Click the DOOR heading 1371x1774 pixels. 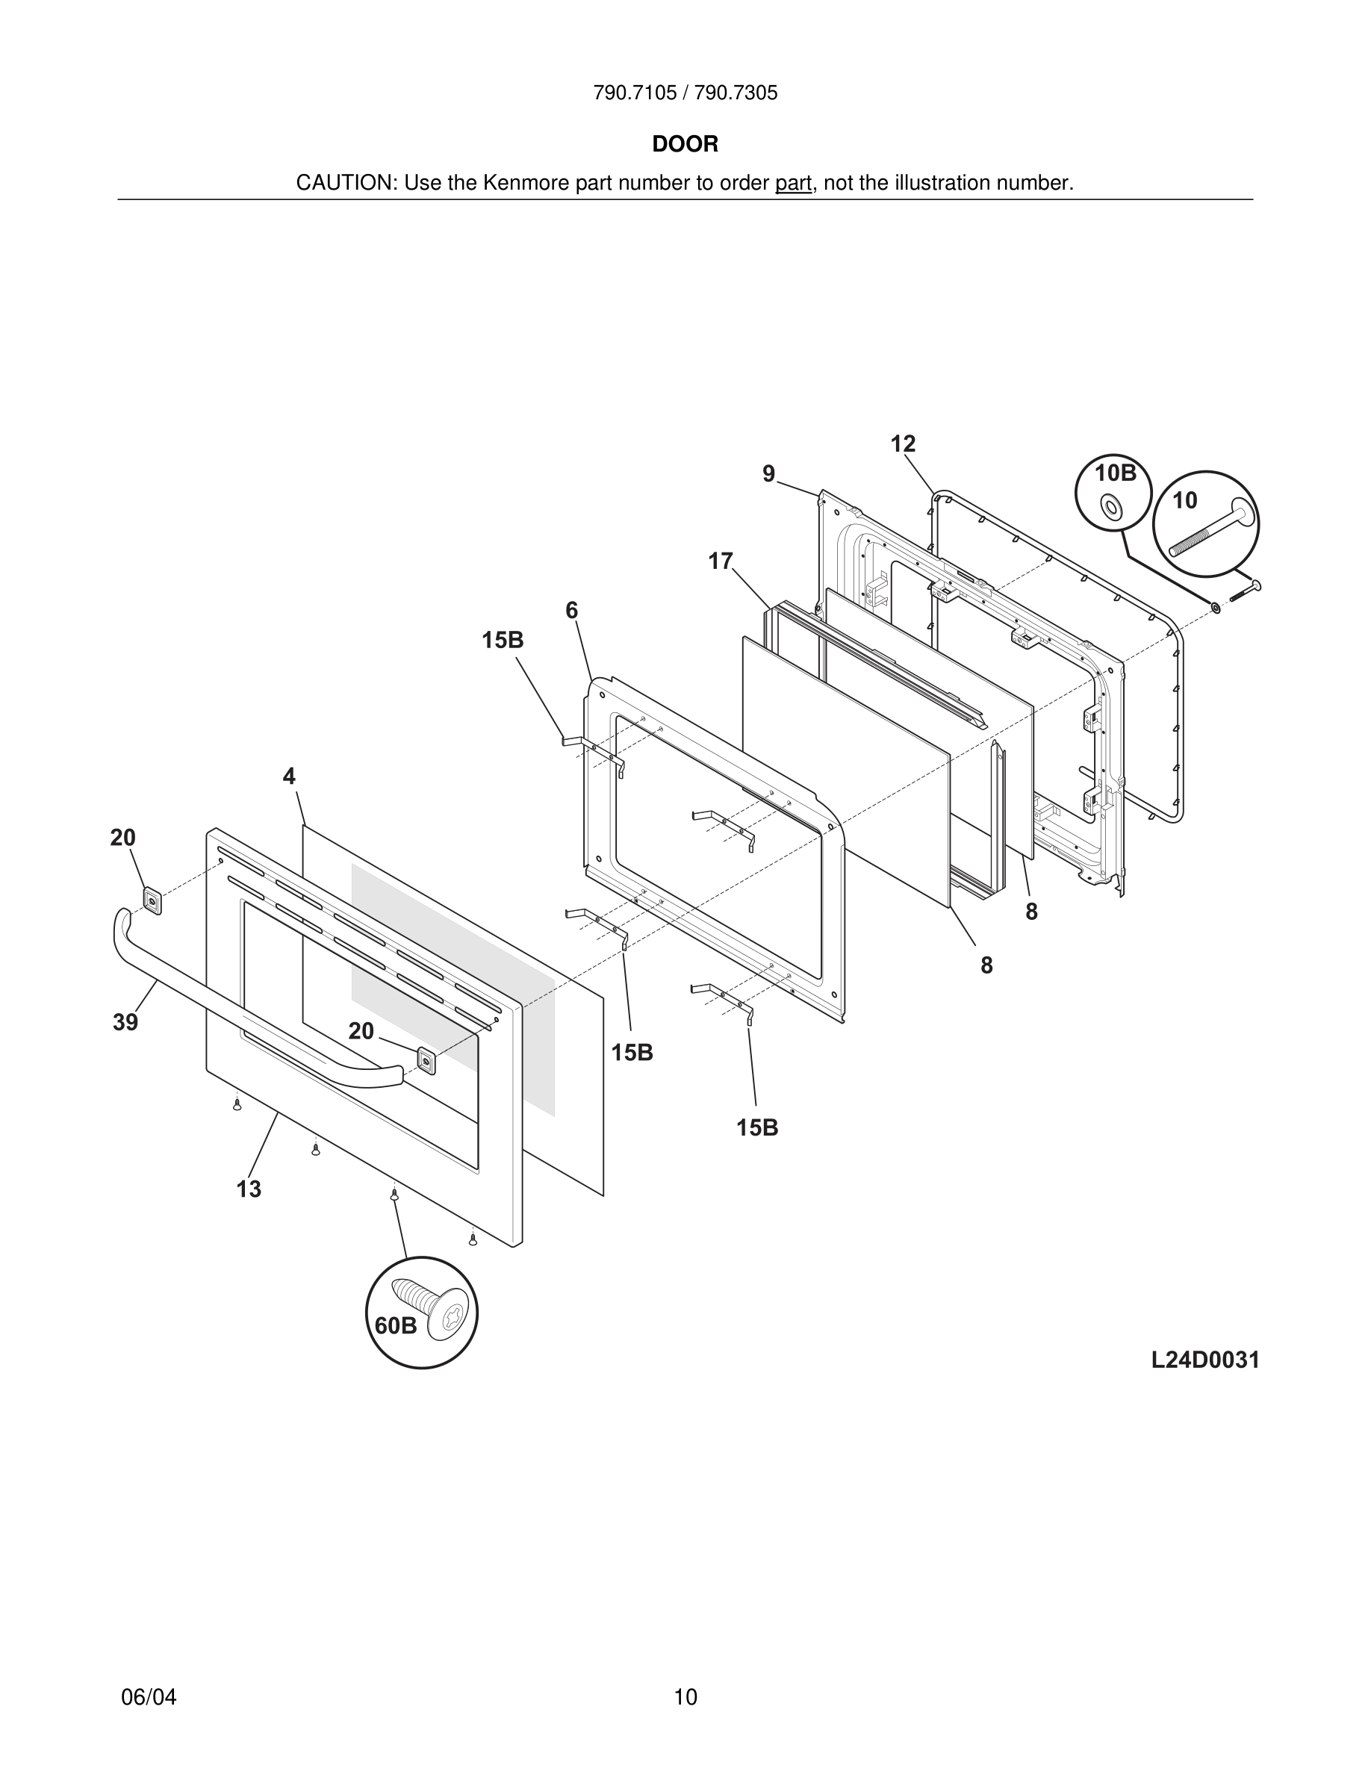click(x=685, y=145)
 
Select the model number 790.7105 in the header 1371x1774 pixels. click(x=634, y=93)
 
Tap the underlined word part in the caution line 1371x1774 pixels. click(x=793, y=184)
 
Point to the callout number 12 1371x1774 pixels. click(x=902, y=444)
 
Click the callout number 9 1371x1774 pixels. click(x=768, y=474)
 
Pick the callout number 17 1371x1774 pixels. click(x=720, y=561)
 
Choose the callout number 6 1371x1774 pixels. click(x=572, y=610)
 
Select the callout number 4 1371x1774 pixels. click(x=289, y=776)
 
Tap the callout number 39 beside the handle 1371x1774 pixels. click(x=125, y=1023)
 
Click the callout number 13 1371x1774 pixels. click(x=249, y=1189)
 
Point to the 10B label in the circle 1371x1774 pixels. click(x=1116, y=473)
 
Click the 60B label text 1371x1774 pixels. click(x=396, y=1325)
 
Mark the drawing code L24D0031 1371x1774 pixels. click(x=1204, y=1360)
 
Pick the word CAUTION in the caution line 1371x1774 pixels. click(x=343, y=184)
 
